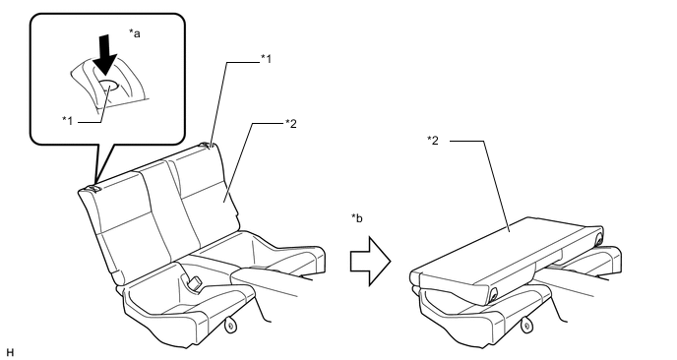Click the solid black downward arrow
tap(105, 55)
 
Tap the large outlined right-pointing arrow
tap(370, 262)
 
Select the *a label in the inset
tap(135, 33)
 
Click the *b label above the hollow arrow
tap(357, 218)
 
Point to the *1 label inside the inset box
tap(67, 120)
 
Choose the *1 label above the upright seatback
tap(267, 59)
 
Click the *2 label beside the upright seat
tap(291, 124)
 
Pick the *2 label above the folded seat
tap(433, 141)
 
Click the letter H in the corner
tap(11, 353)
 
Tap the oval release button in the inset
tap(108, 85)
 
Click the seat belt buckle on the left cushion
tap(194, 282)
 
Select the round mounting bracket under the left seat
tap(231, 325)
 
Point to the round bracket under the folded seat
tap(526, 325)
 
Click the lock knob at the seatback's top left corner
tap(92, 188)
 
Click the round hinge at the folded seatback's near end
tap(491, 296)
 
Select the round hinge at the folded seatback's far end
tap(599, 239)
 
